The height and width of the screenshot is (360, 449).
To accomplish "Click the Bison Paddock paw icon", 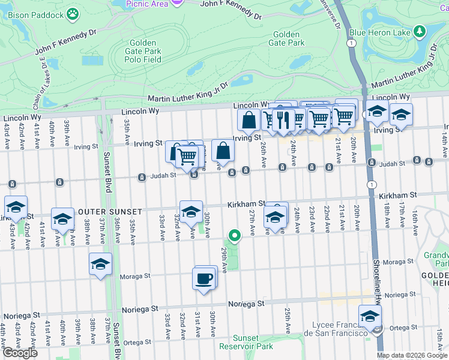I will (73, 13).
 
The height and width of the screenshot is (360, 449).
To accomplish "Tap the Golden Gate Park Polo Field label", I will (143, 52).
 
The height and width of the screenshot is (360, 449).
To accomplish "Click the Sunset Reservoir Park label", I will (246, 342).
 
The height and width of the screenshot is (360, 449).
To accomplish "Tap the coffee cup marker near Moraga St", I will (203, 279).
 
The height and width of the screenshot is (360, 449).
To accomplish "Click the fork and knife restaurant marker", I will (283, 120).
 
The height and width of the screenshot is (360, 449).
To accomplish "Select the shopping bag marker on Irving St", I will (249, 119).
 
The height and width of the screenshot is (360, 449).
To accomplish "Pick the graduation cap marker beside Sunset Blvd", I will (101, 264).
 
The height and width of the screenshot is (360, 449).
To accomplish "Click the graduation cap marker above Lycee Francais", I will (370, 316).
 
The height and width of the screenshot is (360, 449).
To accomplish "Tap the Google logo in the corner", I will (20, 353).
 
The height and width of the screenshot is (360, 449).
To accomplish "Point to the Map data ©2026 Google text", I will (412, 355).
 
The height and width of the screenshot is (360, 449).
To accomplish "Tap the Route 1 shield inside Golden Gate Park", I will (351, 43).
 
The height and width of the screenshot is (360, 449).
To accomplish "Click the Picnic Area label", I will (146, 4).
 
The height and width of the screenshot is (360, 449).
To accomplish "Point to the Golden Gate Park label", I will (289, 38).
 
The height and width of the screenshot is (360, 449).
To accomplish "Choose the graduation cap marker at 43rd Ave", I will (16, 207).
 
